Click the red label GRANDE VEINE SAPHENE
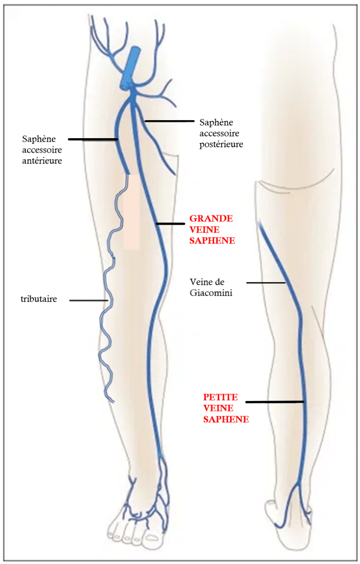tap(211, 229)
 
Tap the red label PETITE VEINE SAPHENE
tap(226, 408)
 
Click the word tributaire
tap(39, 300)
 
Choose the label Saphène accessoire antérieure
tap(41, 149)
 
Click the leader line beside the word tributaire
tap(88, 300)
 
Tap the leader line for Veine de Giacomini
tap(265, 283)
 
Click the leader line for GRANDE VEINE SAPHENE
tap(170, 224)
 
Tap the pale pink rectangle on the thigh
tap(131, 212)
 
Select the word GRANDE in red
tap(211, 218)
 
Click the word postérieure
tap(220, 144)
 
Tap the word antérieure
tap(41, 161)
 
